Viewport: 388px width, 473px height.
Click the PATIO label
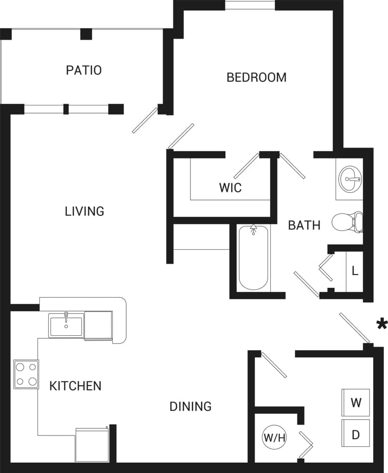(84, 70)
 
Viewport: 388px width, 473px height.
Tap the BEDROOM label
(256, 77)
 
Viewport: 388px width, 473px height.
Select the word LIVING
(84, 211)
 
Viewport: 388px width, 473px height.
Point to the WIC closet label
(230, 188)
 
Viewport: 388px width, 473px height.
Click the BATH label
(304, 225)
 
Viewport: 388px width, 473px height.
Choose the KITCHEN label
(75, 386)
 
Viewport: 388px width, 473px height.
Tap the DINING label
(190, 406)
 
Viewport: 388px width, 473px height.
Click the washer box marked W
(356, 403)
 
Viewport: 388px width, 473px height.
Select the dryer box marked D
(356, 434)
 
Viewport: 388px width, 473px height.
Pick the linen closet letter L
(355, 271)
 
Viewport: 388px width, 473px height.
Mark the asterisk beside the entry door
(381, 324)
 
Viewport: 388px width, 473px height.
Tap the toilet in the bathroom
(347, 222)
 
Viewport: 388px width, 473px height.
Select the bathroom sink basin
(350, 179)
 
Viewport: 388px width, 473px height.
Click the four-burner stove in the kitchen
(26, 374)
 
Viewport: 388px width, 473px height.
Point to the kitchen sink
(66, 325)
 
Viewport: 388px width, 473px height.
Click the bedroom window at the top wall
(250, 6)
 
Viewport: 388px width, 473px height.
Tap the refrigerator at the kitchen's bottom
(92, 444)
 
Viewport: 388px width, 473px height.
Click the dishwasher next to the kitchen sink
(98, 325)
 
